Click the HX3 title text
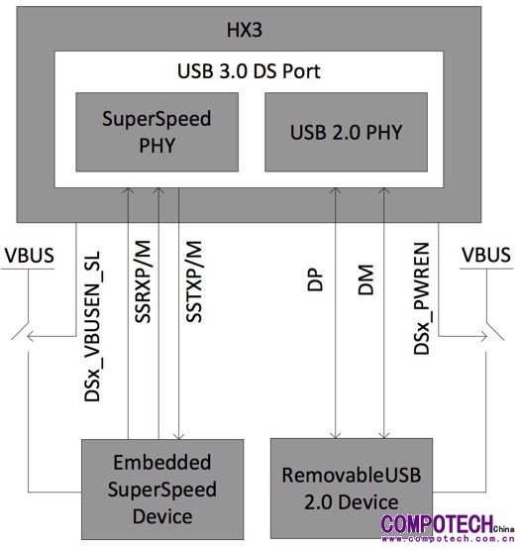(245, 30)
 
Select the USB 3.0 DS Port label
(249, 71)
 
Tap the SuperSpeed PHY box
(157, 132)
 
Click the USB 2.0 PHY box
(346, 132)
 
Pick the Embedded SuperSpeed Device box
(162, 490)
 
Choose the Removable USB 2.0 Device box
(352, 488)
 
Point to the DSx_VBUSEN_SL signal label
(92, 326)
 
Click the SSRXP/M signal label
(143, 281)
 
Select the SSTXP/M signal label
(194, 281)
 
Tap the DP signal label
(315, 279)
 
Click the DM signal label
(365, 279)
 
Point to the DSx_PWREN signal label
(422, 298)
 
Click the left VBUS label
(30, 256)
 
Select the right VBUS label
(486, 255)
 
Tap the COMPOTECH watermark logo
(437, 524)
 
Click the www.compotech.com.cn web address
(448, 538)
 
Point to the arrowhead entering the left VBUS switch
(31, 336)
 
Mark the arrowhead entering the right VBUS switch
(484, 337)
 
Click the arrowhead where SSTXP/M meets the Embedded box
(179, 436)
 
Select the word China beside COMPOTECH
(504, 529)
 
